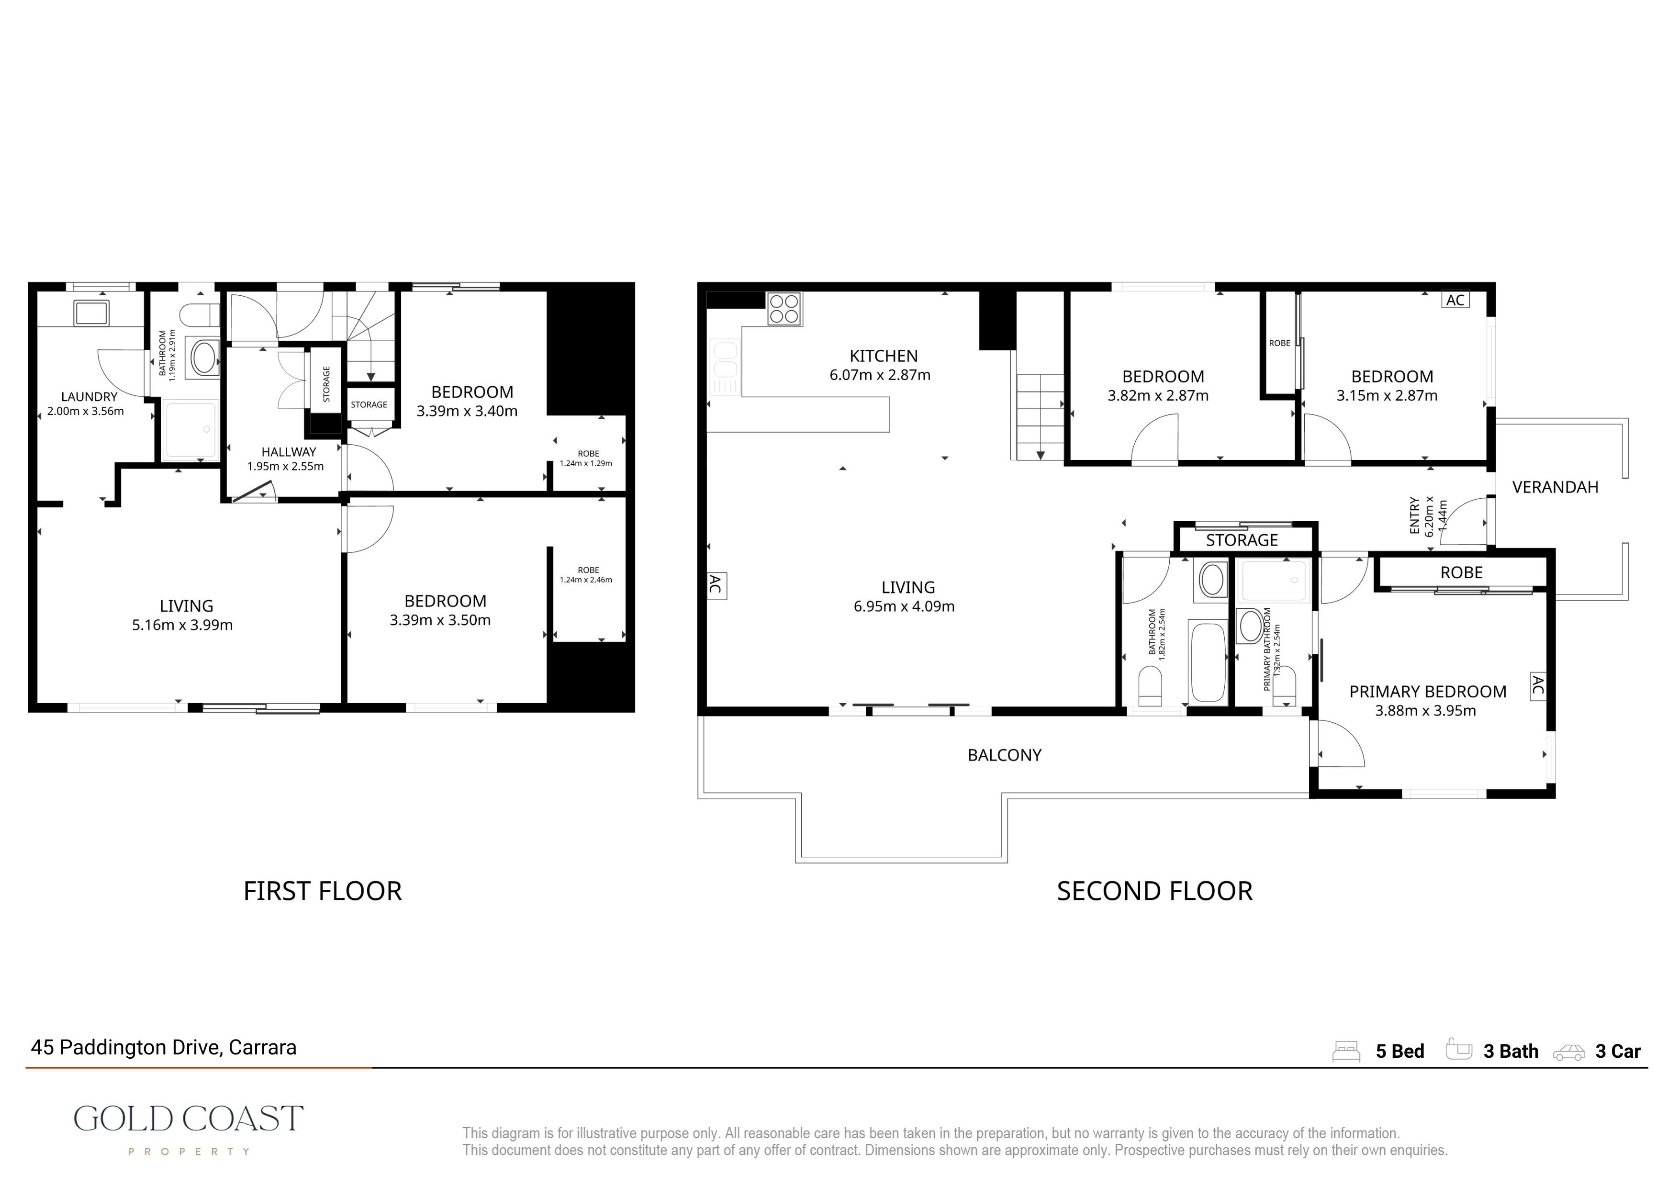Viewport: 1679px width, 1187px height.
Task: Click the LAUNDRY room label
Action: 89,396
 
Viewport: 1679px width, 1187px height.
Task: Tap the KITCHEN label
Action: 884,356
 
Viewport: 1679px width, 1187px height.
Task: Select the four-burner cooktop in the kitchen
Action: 784,309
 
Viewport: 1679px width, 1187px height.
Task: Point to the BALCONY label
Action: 1004,755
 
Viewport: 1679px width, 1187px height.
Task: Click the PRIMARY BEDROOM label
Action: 1427,692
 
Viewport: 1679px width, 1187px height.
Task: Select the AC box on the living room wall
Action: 716,585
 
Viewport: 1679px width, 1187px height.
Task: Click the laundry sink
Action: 90,313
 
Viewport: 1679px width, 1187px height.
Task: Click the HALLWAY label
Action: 289,452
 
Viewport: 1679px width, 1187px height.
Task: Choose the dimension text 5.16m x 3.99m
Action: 182,625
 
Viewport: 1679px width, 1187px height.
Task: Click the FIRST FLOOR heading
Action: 323,891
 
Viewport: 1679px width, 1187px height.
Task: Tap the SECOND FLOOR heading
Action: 1155,891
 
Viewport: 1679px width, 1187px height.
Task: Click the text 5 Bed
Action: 1399,1052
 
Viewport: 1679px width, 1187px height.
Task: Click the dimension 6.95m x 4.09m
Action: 904,606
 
